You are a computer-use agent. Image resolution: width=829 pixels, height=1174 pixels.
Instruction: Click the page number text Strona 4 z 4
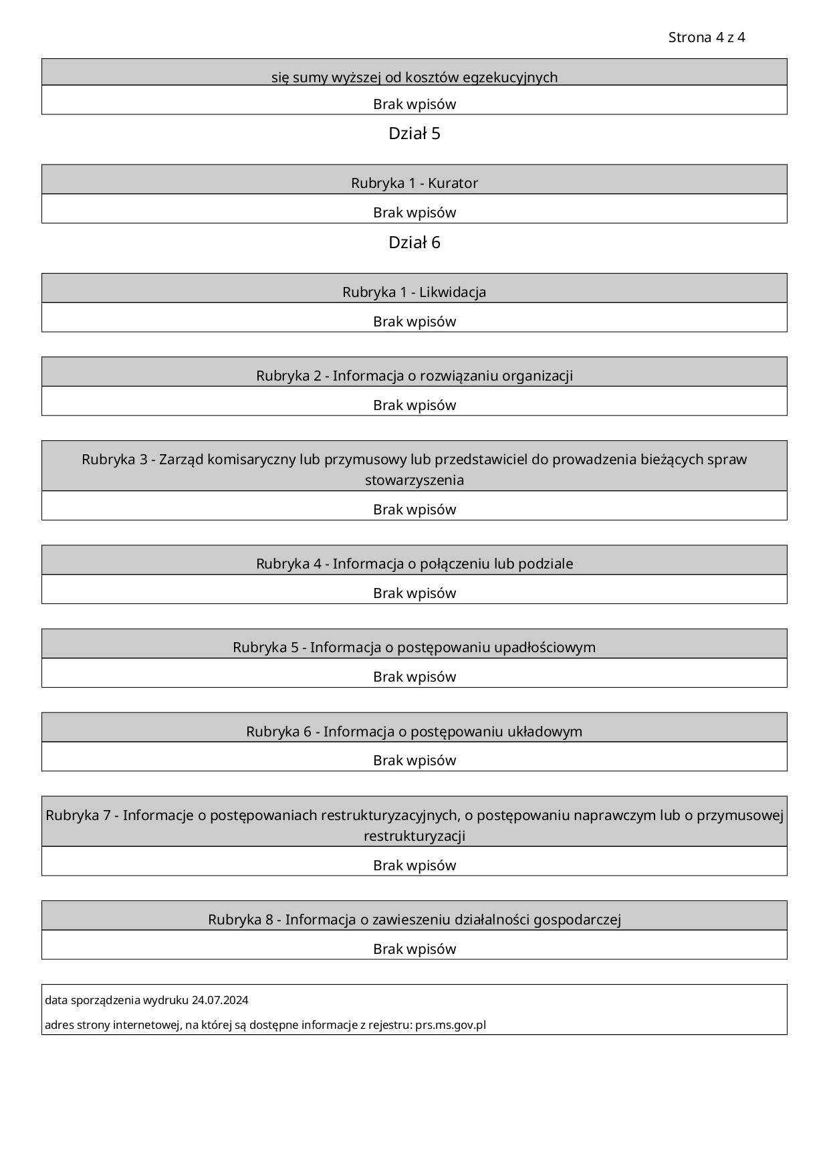(706, 37)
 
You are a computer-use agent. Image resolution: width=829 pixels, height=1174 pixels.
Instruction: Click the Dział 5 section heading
(414, 134)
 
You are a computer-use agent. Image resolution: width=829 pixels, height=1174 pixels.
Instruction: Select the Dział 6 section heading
(414, 243)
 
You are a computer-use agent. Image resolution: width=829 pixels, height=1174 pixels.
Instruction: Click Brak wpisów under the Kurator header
(414, 213)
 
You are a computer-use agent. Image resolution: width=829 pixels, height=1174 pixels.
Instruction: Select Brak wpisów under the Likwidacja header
(414, 322)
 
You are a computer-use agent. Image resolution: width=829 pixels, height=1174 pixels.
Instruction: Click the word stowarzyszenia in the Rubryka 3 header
(414, 480)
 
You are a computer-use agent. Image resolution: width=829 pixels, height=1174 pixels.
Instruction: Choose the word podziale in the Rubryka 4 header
(546, 564)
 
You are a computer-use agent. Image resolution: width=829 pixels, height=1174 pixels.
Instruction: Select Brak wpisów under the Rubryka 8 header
(414, 949)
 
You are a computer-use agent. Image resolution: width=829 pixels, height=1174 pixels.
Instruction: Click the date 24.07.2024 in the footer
(220, 1001)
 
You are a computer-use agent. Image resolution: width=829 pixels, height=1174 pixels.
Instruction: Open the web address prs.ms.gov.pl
(451, 1025)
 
